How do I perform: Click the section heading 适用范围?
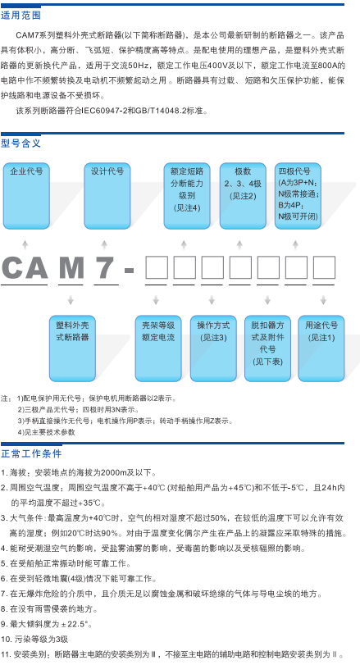21,16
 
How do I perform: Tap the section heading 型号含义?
21,143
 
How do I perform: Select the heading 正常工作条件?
31,453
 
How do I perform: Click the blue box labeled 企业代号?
26,196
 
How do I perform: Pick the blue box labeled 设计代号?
107,196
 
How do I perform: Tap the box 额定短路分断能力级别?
187,196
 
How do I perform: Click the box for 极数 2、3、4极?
243,196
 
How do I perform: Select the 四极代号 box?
298,196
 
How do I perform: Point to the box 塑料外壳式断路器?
72,348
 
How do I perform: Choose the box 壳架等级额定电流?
158,348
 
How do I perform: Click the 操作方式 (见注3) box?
213,348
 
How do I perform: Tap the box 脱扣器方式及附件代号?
267,348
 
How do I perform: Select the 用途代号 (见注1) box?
321,348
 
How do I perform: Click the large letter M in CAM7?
71,268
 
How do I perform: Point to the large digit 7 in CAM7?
105,268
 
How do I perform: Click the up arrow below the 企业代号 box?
25,244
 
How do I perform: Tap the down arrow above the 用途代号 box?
324,300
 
